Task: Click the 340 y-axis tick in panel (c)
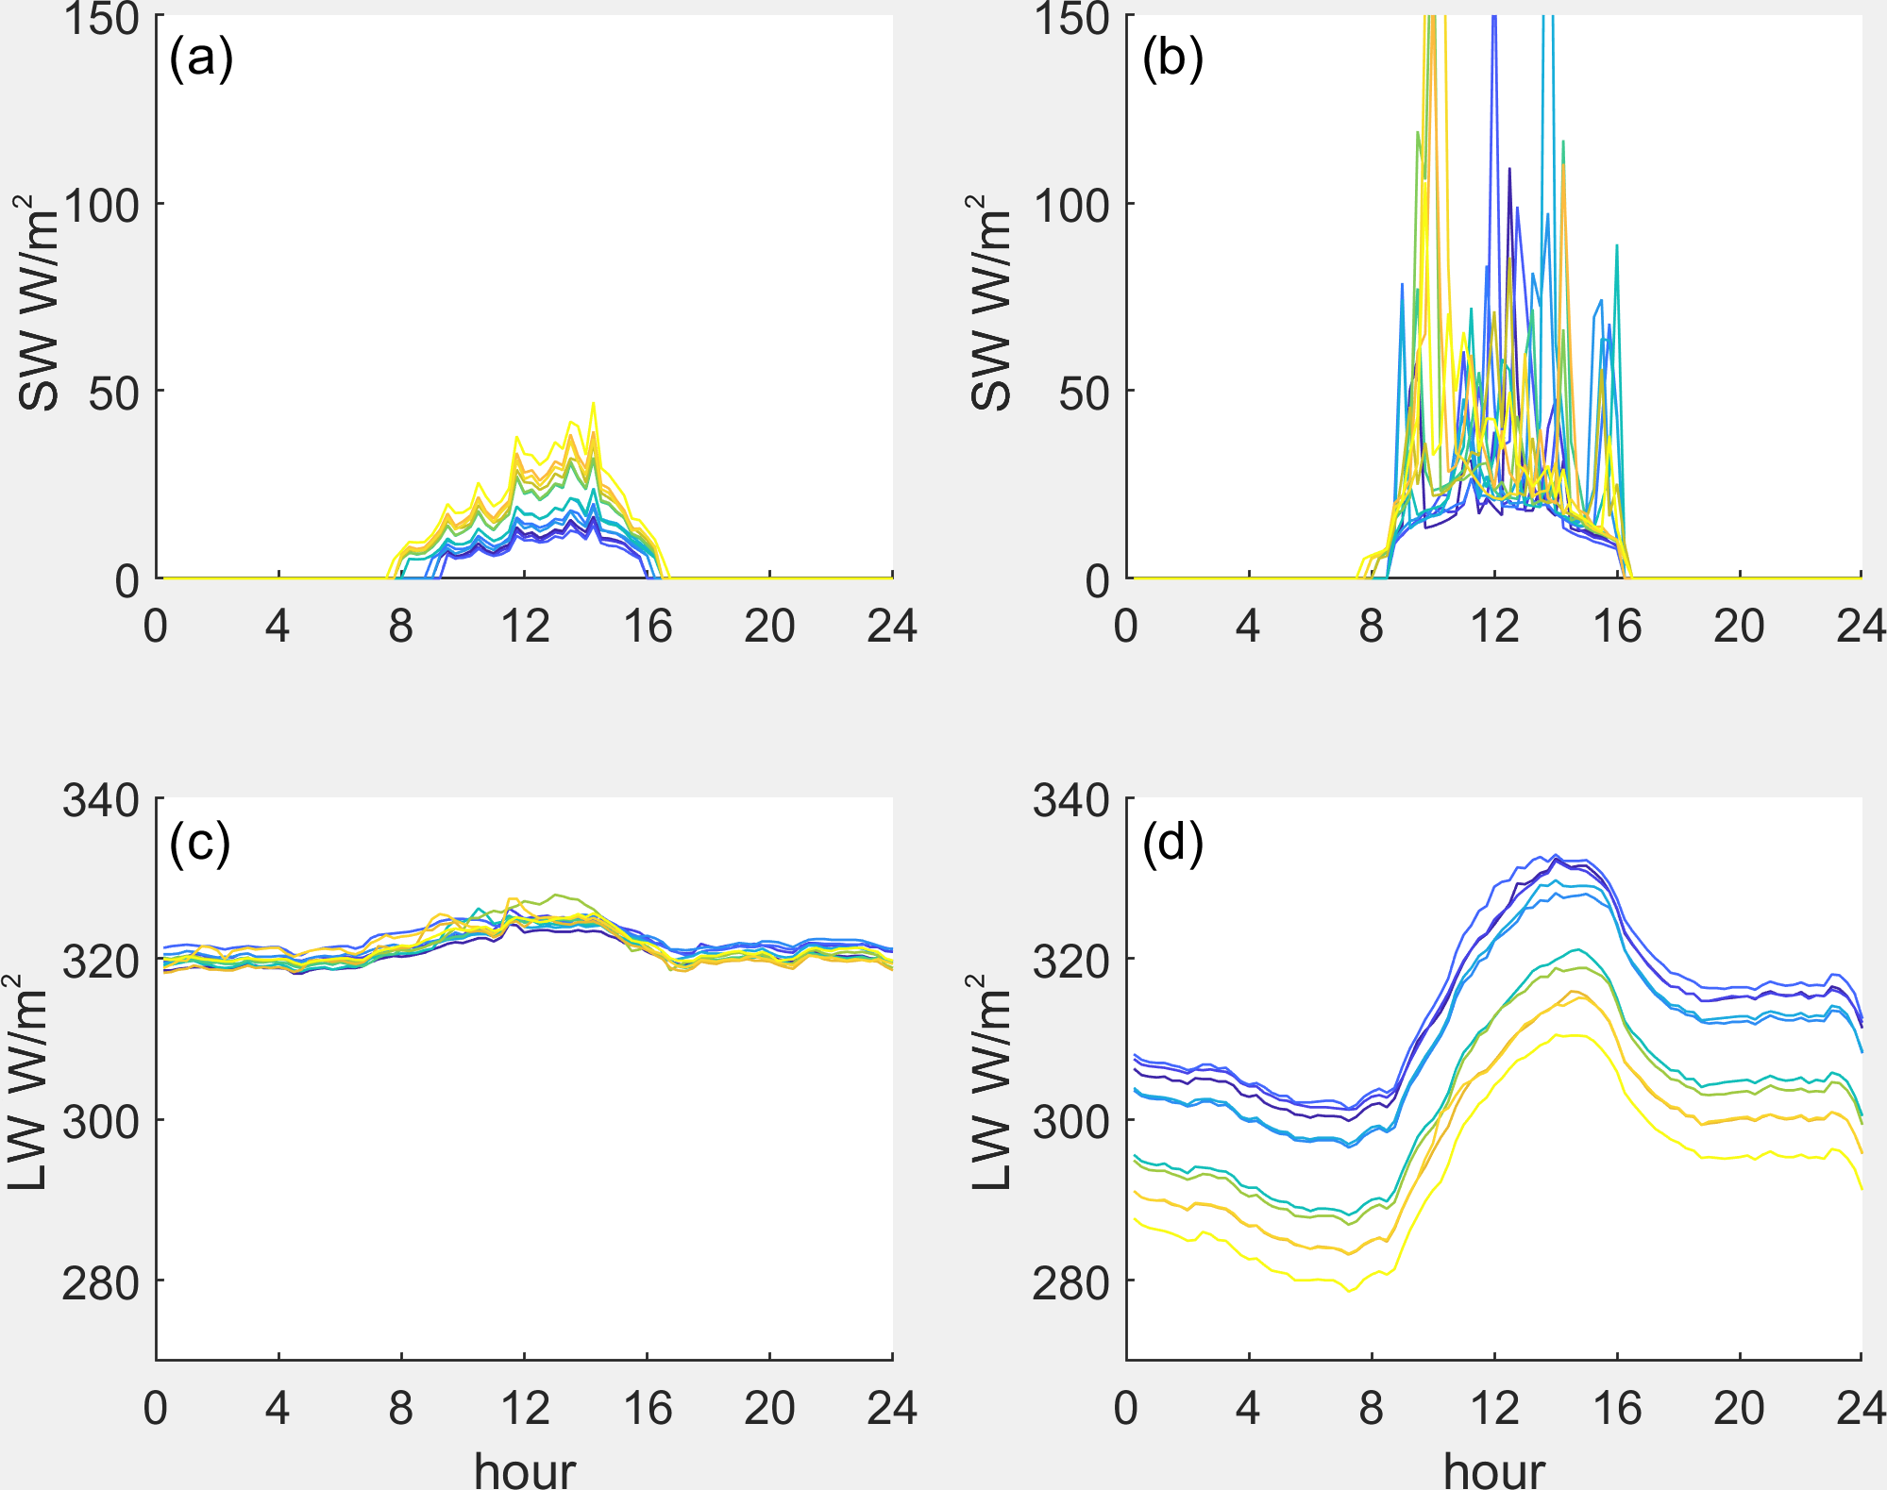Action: tap(101, 800)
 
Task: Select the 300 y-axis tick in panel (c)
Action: tap(101, 1122)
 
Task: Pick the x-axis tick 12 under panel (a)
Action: tap(525, 626)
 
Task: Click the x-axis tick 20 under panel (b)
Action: tap(1739, 626)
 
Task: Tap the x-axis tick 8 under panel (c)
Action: tap(401, 1408)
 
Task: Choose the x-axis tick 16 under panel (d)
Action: tap(1617, 1408)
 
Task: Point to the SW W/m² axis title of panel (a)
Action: tap(38, 302)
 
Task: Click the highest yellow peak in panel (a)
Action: tap(594, 404)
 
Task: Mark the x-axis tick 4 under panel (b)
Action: tap(1248, 626)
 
